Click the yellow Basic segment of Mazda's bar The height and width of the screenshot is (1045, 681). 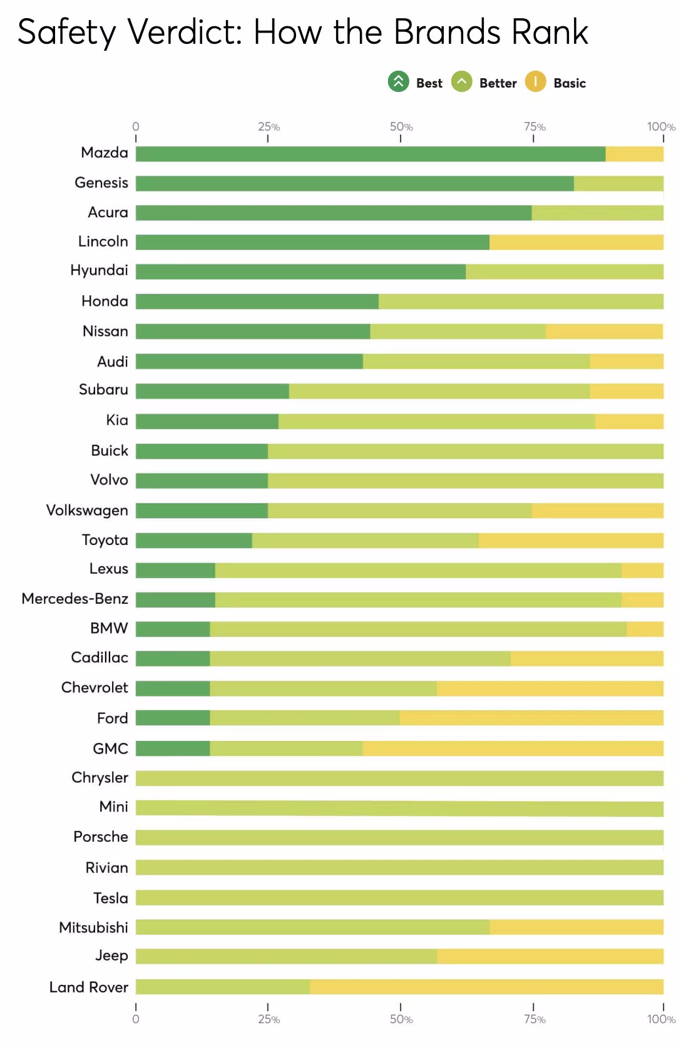coord(634,154)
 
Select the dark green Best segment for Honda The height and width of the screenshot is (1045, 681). coord(257,302)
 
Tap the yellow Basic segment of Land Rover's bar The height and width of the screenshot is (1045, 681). coord(486,987)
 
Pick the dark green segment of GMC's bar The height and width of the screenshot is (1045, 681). coord(173,748)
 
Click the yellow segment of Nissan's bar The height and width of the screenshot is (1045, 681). coord(604,332)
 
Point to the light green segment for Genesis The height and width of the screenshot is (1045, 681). coord(618,183)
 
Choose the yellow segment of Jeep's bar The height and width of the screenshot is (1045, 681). coord(550,956)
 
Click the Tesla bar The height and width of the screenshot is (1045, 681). coord(399,898)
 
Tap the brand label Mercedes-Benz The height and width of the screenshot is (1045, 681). coord(74,599)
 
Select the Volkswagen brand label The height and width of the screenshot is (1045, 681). coord(87,511)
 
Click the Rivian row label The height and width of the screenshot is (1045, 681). coord(106,868)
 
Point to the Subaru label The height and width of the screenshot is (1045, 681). coord(103,390)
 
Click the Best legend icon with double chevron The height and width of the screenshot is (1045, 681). coord(398,82)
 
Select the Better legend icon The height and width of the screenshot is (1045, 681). coord(462,82)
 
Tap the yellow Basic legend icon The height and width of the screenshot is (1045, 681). coord(536,82)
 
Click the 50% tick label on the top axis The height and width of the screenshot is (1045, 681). coord(401,127)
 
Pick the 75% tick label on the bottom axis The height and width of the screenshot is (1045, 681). coord(534,1019)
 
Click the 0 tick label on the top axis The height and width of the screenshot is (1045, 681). coord(136,127)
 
